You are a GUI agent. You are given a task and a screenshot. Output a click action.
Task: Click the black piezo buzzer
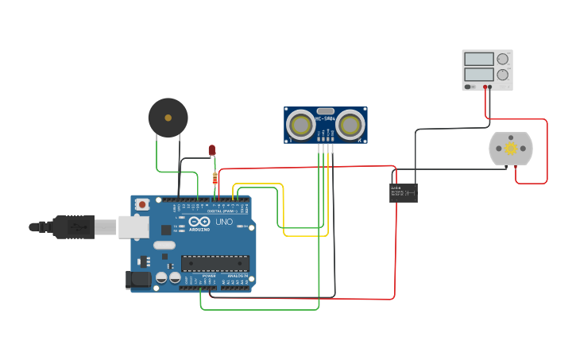[x=168, y=118]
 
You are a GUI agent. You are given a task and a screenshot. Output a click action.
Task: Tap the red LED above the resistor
[x=212, y=149]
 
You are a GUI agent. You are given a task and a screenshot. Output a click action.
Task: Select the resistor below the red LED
[x=215, y=180]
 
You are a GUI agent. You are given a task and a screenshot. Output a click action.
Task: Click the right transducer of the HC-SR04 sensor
[x=350, y=124]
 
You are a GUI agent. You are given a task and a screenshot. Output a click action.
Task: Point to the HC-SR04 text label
[x=326, y=119]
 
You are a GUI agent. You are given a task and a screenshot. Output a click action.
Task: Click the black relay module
[x=404, y=192]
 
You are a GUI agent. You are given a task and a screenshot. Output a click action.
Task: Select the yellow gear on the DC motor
[x=511, y=149]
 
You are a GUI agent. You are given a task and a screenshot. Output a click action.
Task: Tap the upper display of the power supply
[x=479, y=59]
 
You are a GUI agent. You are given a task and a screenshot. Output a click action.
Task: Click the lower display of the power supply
[x=479, y=74]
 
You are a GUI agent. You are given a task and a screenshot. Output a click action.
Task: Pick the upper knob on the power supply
[x=502, y=59]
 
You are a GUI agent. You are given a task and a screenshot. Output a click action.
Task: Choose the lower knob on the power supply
[x=502, y=75]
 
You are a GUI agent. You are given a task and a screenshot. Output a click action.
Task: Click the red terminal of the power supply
[x=485, y=87]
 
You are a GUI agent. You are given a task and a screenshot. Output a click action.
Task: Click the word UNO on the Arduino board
[x=224, y=222]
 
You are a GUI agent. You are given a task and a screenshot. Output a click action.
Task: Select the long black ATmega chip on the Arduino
[x=215, y=263]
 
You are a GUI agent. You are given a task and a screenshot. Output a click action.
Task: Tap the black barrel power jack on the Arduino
[x=137, y=279]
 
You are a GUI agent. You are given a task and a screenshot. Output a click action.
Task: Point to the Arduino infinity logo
[x=199, y=222]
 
